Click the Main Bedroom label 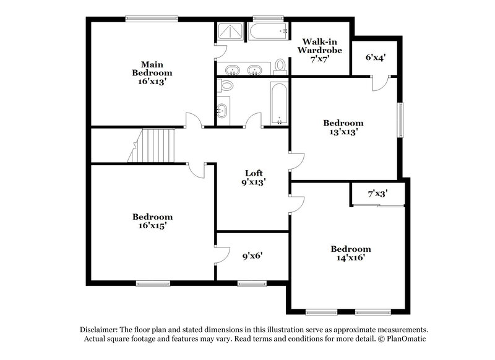click(152, 72)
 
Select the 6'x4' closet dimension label click(376, 58)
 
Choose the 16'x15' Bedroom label click(152, 221)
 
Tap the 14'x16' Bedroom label click(350, 253)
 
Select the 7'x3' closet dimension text click(377, 194)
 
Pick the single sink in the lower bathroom click(223, 111)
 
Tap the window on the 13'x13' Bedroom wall click(400, 119)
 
